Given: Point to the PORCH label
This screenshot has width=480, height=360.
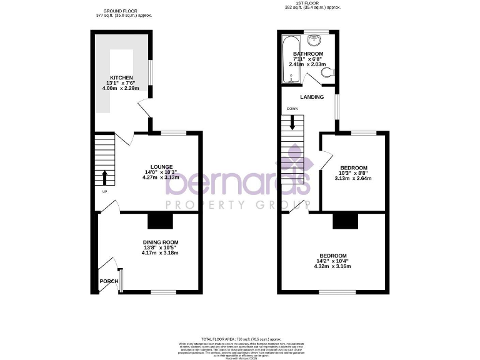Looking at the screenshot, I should [x=109, y=281].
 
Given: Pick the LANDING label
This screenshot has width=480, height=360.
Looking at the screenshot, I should [x=312, y=97].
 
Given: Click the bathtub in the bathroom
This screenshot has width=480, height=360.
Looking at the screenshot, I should [x=288, y=59].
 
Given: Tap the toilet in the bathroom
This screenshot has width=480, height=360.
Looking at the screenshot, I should [x=326, y=74].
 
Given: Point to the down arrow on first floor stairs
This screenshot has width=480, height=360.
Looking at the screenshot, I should [x=291, y=124].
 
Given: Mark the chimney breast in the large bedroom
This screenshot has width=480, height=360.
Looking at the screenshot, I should [x=345, y=221].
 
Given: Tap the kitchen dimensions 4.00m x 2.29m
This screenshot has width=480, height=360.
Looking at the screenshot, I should [x=122, y=88].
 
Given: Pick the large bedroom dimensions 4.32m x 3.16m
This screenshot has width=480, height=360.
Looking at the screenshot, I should [x=332, y=267].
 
